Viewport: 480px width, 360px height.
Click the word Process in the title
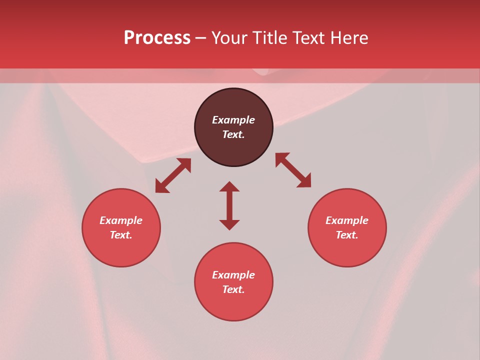pos(157,38)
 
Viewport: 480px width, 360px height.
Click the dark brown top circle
pos(233,150)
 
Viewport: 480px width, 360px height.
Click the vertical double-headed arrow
pos(229,205)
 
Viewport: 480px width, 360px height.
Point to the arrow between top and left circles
pos(173,175)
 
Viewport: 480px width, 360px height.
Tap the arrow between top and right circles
pos(293,170)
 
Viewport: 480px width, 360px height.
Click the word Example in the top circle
pos(233,120)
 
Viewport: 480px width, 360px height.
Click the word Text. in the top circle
pos(233,134)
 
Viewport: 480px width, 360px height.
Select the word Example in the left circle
pos(121,220)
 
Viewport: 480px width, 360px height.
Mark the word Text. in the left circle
pos(121,235)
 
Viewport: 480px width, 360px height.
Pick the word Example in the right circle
pos(347,220)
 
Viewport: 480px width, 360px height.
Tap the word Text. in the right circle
pos(347,235)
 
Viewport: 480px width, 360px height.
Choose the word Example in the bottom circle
pos(233,275)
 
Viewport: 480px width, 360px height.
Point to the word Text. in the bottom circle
pos(233,289)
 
